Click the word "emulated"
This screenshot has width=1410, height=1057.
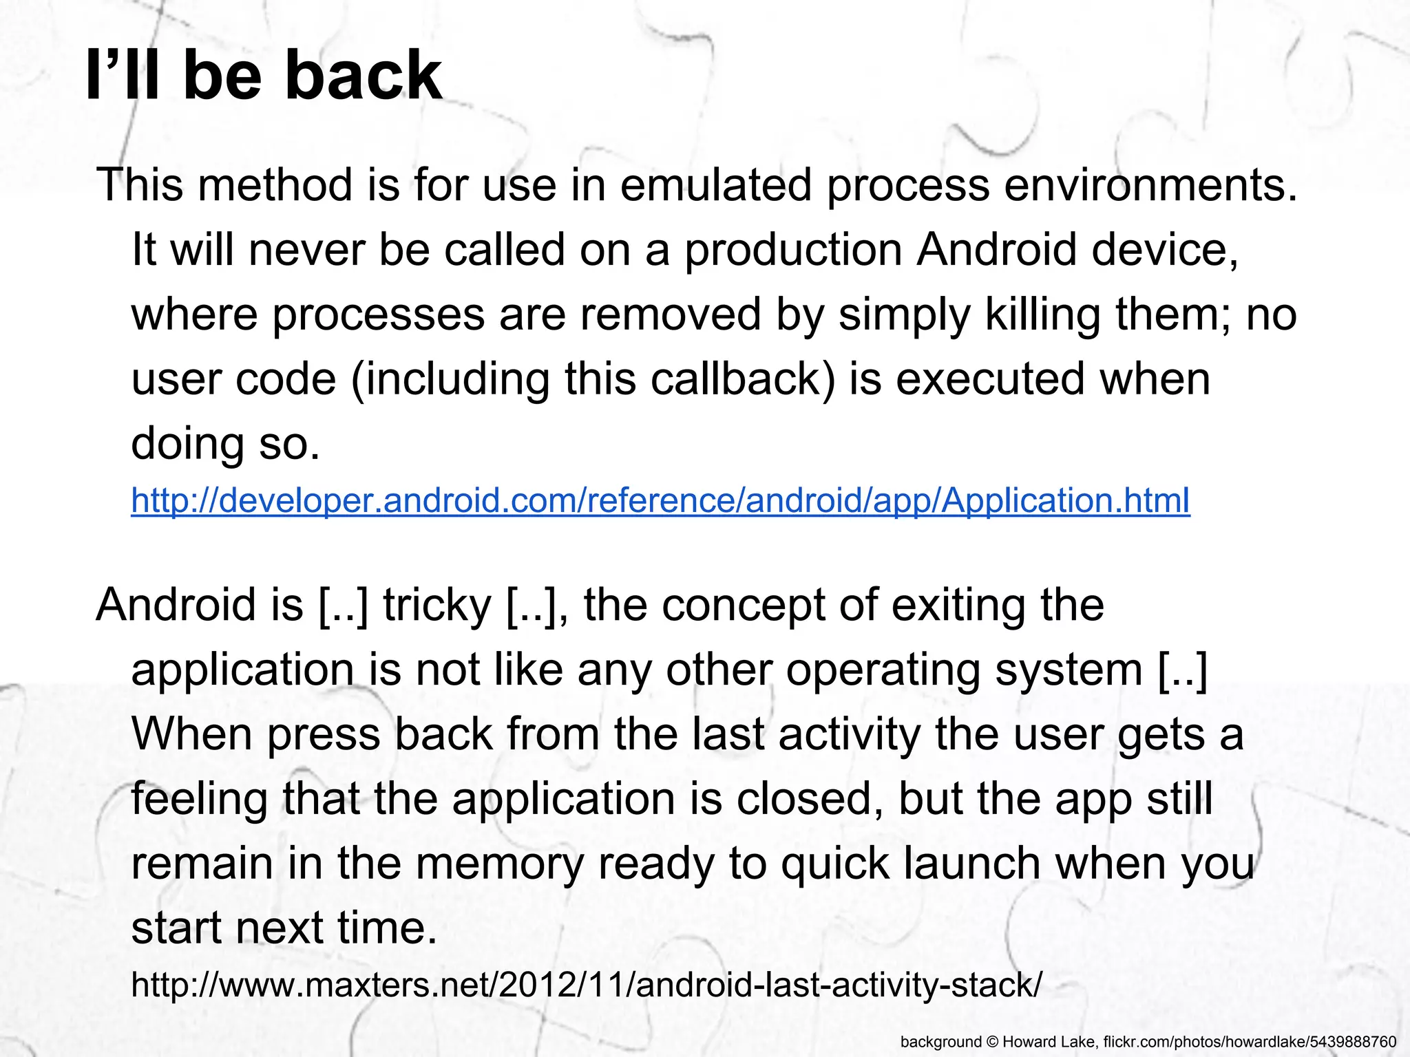click(x=715, y=185)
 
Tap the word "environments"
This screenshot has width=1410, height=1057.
click(x=1144, y=185)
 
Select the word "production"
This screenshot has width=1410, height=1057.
click(x=792, y=249)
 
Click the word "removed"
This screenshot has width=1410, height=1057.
click(x=669, y=314)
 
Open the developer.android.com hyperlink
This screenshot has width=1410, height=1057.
click(x=660, y=500)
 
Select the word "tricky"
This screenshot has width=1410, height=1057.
click(x=437, y=604)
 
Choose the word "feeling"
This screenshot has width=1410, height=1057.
click(x=199, y=798)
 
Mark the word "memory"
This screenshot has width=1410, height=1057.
click(x=500, y=863)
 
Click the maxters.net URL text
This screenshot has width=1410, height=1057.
click(x=587, y=984)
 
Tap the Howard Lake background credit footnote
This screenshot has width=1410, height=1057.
click(x=1148, y=1041)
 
